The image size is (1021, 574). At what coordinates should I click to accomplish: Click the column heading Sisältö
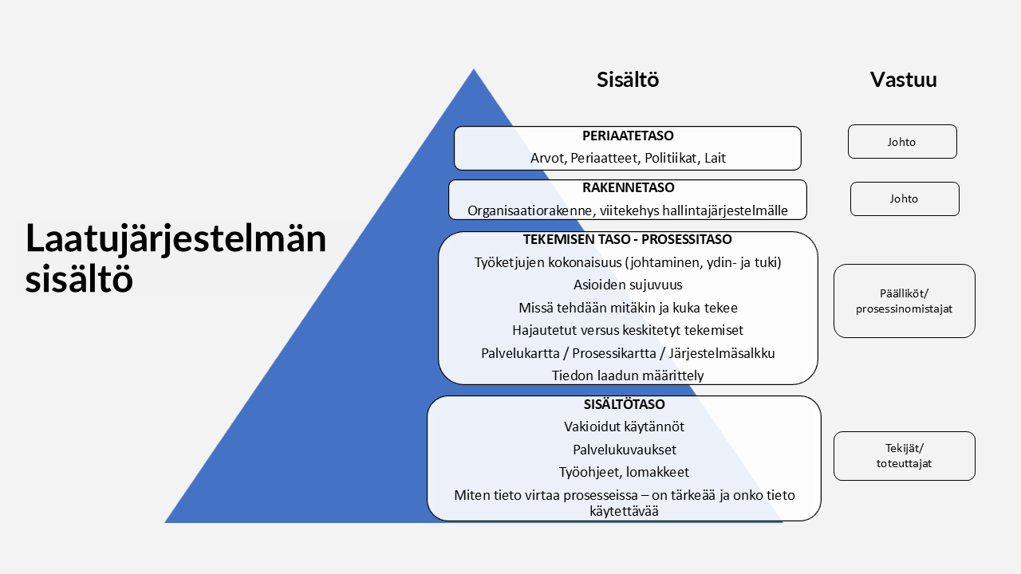click(628, 79)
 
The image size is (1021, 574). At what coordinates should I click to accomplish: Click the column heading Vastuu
click(904, 79)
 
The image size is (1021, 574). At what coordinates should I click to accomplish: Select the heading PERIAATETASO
click(628, 136)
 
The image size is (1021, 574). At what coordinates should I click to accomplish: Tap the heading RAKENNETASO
click(628, 187)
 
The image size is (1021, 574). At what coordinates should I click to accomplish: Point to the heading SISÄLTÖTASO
click(624, 404)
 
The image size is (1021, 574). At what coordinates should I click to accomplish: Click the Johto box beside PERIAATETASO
click(902, 142)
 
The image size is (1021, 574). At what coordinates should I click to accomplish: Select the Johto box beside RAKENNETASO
click(905, 199)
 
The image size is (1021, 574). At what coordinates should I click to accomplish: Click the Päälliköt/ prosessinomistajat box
click(905, 301)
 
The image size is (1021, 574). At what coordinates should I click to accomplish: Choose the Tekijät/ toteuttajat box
click(905, 456)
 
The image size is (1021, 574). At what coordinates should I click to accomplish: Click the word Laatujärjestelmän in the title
click(176, 238)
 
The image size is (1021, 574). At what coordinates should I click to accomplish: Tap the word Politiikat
click(671, 158)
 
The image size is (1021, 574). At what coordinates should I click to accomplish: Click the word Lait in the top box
click(715, 158)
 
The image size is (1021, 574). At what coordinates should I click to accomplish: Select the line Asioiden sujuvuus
click(628, 285)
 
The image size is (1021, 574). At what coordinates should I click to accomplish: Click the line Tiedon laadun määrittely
click(628, 375)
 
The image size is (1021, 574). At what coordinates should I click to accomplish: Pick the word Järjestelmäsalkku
click(722, 353)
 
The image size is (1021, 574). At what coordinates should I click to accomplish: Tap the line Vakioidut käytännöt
click(624, 427)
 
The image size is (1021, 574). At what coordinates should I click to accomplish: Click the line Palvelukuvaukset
click(625, 450)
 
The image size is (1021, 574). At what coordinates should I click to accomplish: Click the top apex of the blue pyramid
click(474, 69)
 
